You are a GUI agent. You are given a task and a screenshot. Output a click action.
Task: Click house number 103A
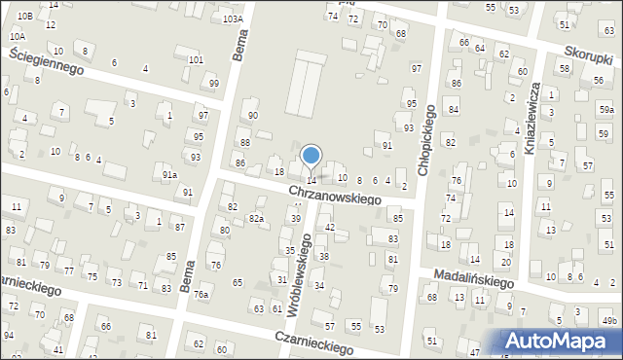click(x=232, y=18)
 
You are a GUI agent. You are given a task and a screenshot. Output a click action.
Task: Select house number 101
click(x=196, y=59)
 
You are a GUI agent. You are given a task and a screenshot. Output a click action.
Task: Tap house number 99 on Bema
click(x=214, y=84)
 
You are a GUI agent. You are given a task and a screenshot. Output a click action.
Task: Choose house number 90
click(x=253, y=115)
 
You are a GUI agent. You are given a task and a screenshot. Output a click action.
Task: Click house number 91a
click(x=169, y=175)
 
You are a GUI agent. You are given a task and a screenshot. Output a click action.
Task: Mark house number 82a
click(x=256, y=218)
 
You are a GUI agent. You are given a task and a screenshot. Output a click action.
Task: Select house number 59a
click(x=606, y=110)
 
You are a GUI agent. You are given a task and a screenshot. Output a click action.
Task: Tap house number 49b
click(x=609, y=321)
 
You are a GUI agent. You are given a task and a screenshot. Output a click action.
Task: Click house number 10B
click(x=24, y=17)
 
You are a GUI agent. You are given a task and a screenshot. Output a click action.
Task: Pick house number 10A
click(x=17, y=36)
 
